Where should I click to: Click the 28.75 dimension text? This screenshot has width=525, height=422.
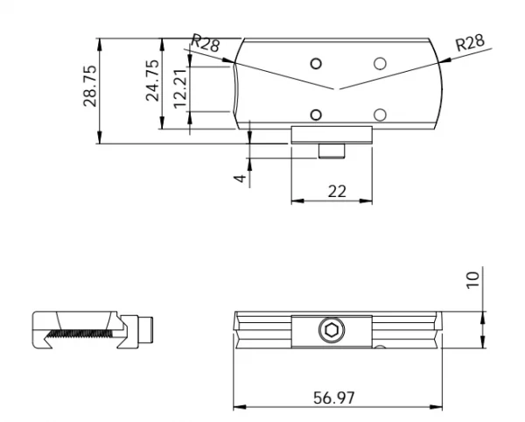click(89, 85)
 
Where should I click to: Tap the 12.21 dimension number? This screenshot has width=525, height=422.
click(180, 88)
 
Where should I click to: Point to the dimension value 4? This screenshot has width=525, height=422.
click(239, 178)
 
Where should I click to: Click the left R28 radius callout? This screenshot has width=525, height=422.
click(206, 43)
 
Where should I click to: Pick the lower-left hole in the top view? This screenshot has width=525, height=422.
click(316, 114)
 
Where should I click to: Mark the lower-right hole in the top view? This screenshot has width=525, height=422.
click(380, 114)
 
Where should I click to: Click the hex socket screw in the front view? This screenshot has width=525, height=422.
click(332, 331)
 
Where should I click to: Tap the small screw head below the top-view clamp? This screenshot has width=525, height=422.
click(331, 152)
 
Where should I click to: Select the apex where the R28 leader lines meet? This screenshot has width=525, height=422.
click(333, 90)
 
